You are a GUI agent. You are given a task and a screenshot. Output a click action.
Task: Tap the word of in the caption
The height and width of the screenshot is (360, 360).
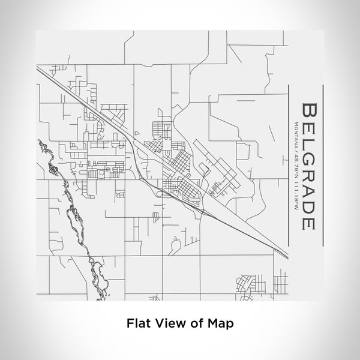[x=193, y=323]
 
